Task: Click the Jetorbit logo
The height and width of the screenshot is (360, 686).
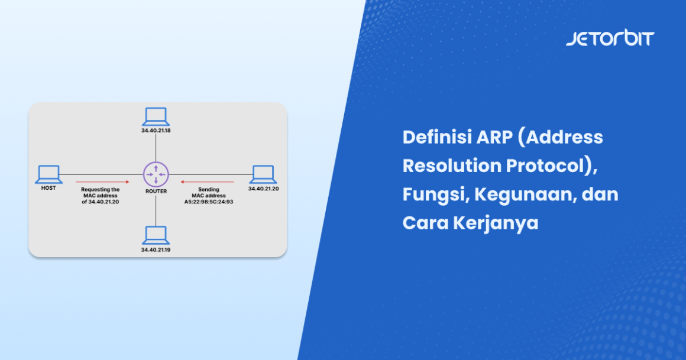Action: pyautogui.click(x=610, y=39)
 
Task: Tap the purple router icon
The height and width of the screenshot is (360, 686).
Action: pyautogui.click(x=156, y=174)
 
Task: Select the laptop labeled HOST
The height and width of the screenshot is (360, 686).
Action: pyautogui.click(x=48, y=174)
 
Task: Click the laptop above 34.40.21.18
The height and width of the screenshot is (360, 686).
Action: pyautogui.click(x=156, y=116)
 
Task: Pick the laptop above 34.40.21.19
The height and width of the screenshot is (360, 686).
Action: pyautogui.click(x=156, y=236)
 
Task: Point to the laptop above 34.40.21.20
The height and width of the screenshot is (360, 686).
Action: pyautogui.click(x=263, y=174)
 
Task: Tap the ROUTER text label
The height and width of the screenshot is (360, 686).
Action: pyautogui.click(x=156, y=192)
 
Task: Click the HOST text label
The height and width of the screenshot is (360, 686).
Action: pyautogui.click(x=48, y=189)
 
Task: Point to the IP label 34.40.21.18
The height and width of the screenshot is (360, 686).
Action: pyautogui.click(x=156, y=130)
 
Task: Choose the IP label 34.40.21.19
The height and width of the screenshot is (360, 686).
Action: pyautogui.click(x=156, y=250)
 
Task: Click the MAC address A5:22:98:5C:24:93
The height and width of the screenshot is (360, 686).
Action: pyautogui.click(x=208, y=202)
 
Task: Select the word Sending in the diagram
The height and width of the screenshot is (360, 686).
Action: pyautogui.click(x=208, y=190)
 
